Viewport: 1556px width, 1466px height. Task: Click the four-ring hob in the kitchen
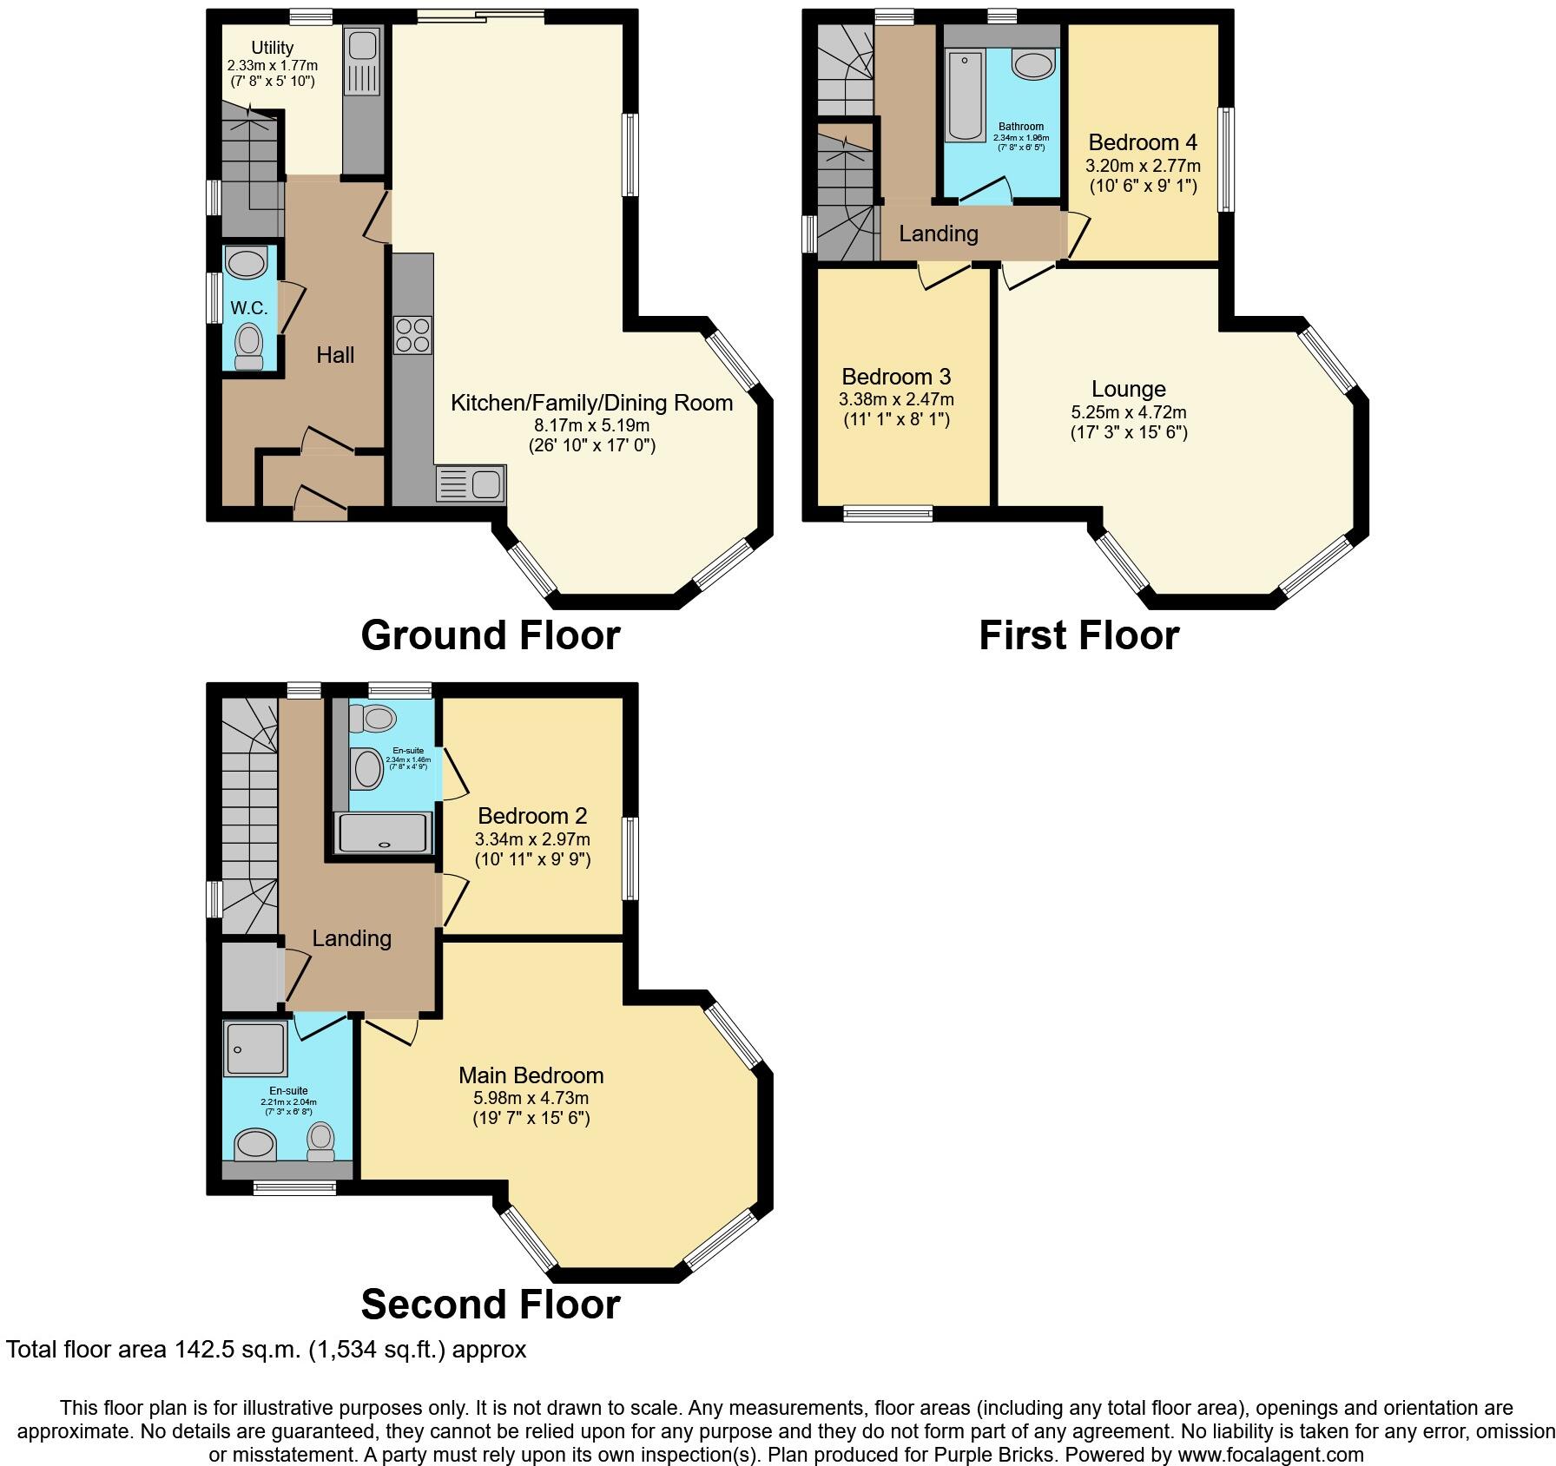click(x=413, y=335)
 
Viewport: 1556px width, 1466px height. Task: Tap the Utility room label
click(x=272, y=48)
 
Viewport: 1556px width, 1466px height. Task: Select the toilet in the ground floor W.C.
click(x=249, y=346)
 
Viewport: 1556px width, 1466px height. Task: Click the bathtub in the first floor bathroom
click(x=965, y=96)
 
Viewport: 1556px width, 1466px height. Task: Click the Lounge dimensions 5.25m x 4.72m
click(x=1128, y=412)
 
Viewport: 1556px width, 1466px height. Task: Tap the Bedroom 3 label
click(x=896, y=377)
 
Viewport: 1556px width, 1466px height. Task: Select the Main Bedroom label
click(x=531, y=1075)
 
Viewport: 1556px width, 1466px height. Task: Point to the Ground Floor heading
click(x=490, y=635)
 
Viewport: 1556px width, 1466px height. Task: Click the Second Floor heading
click(x=490, y=1305)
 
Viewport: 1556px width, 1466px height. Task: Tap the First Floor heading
click(x=1078, y=635)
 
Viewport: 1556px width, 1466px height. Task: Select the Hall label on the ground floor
click(x=335, y=354)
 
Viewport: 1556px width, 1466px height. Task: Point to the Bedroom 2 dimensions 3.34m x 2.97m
click(x=531, y=839)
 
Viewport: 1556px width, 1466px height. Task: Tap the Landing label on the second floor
click(x=352, y=938)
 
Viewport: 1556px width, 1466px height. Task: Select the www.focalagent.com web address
click(x=1269, y=1454)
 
